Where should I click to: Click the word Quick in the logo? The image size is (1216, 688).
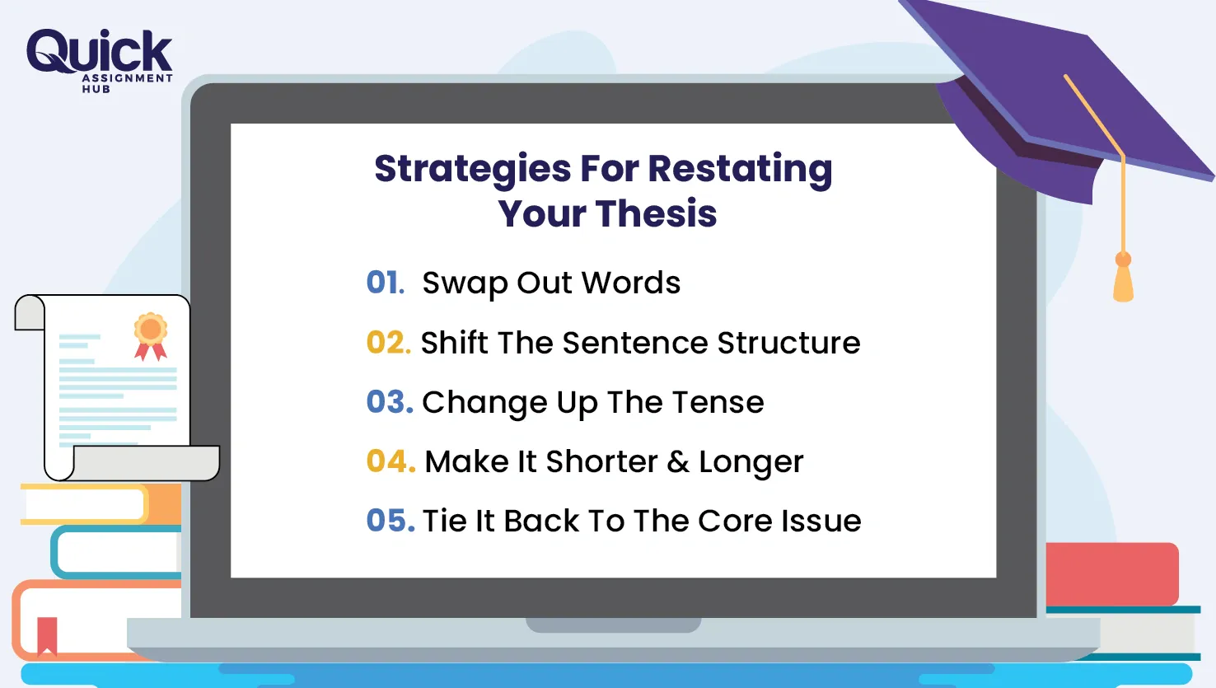(x=100, y=51)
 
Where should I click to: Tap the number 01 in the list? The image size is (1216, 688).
(x=386, y=283)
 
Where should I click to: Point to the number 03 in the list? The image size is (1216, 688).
(x=390, y=402)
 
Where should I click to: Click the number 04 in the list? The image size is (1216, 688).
(x=391, y=461)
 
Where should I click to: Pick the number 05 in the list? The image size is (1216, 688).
(x=391, y=520)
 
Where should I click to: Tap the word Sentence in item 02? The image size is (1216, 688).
(x=635, y=343)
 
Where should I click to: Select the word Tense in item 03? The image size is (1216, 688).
(x=718, y=402)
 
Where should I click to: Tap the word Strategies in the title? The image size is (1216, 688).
(x=472, y=170)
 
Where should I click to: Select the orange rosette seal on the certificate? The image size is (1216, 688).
(x=151, y=336)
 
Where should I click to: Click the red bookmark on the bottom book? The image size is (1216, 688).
(x=47, y=636)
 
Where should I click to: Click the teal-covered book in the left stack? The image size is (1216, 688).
(x=116, y=552)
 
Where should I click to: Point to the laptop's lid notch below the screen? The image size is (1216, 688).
(x=614, y=625)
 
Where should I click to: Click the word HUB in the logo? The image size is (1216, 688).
(x=96, y=90)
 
